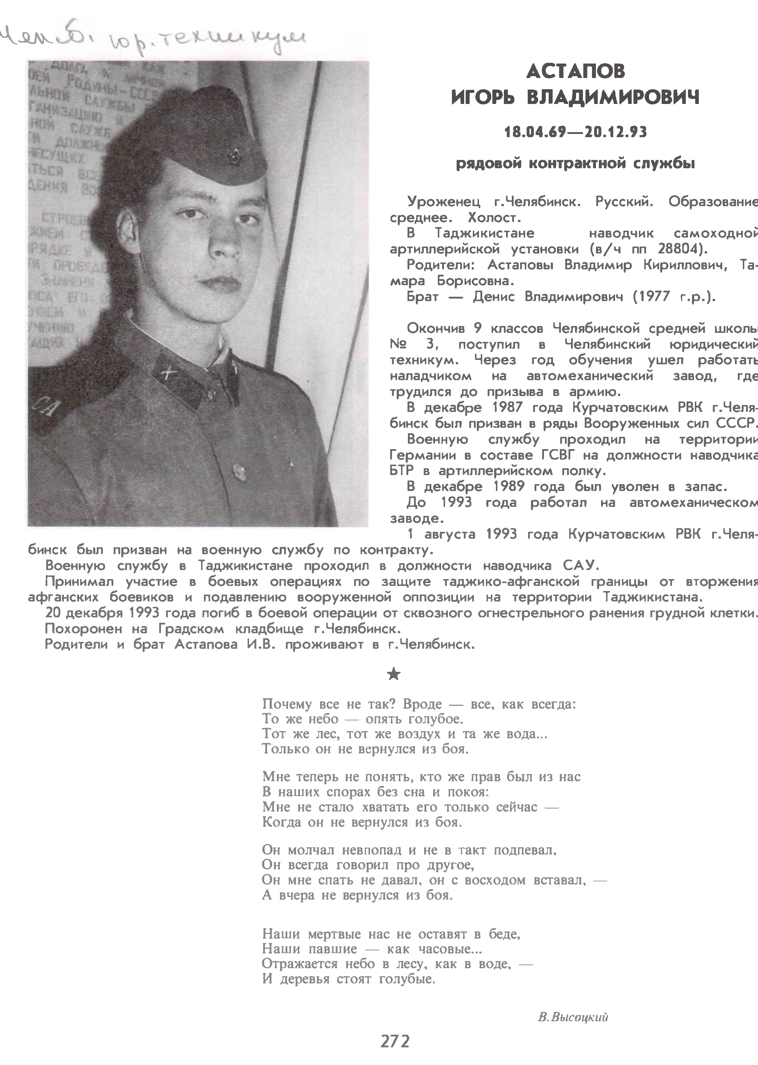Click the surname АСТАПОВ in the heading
coord(575,71)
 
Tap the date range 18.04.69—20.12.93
coord(575,132)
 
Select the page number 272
coord(395,1041)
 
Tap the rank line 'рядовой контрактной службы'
coord(575,164)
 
